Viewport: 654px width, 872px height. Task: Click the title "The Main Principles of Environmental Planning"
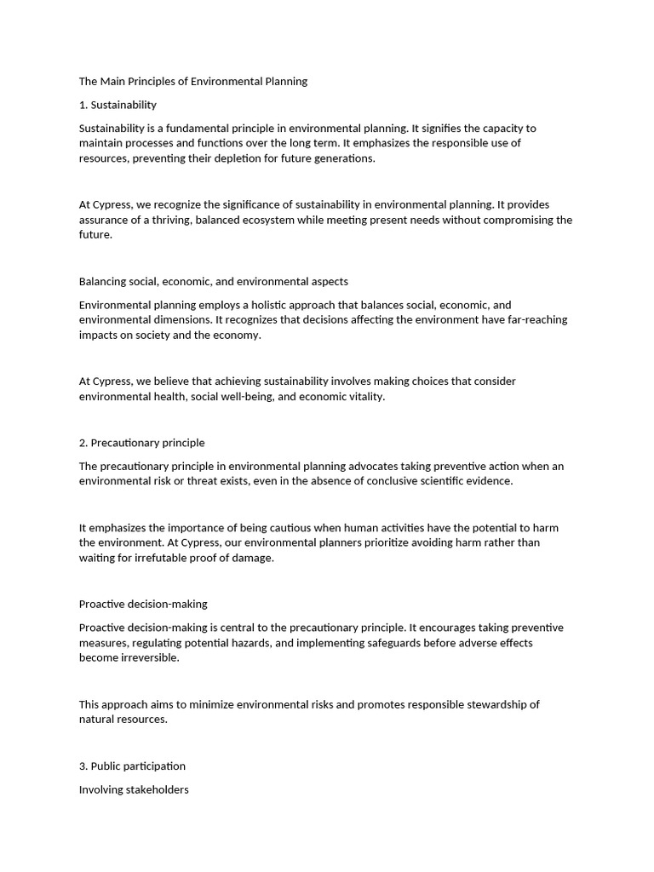pyautogui.click(x=192, y=82)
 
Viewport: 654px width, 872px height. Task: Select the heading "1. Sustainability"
pyautogui.click(x=118, y=105)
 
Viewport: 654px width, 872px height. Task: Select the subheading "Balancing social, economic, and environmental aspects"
pyautogui.click(x=213, y=281)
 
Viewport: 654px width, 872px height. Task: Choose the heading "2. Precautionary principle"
pyautogui.click(x=141, y=443)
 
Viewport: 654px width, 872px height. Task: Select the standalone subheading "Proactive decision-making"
pyautogui.click(x=143, y=604)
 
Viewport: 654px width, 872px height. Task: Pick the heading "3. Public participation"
pyautogui.click(x=132, y=766)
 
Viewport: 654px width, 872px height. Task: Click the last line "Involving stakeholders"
pyautogui.click(x=134, y=789)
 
